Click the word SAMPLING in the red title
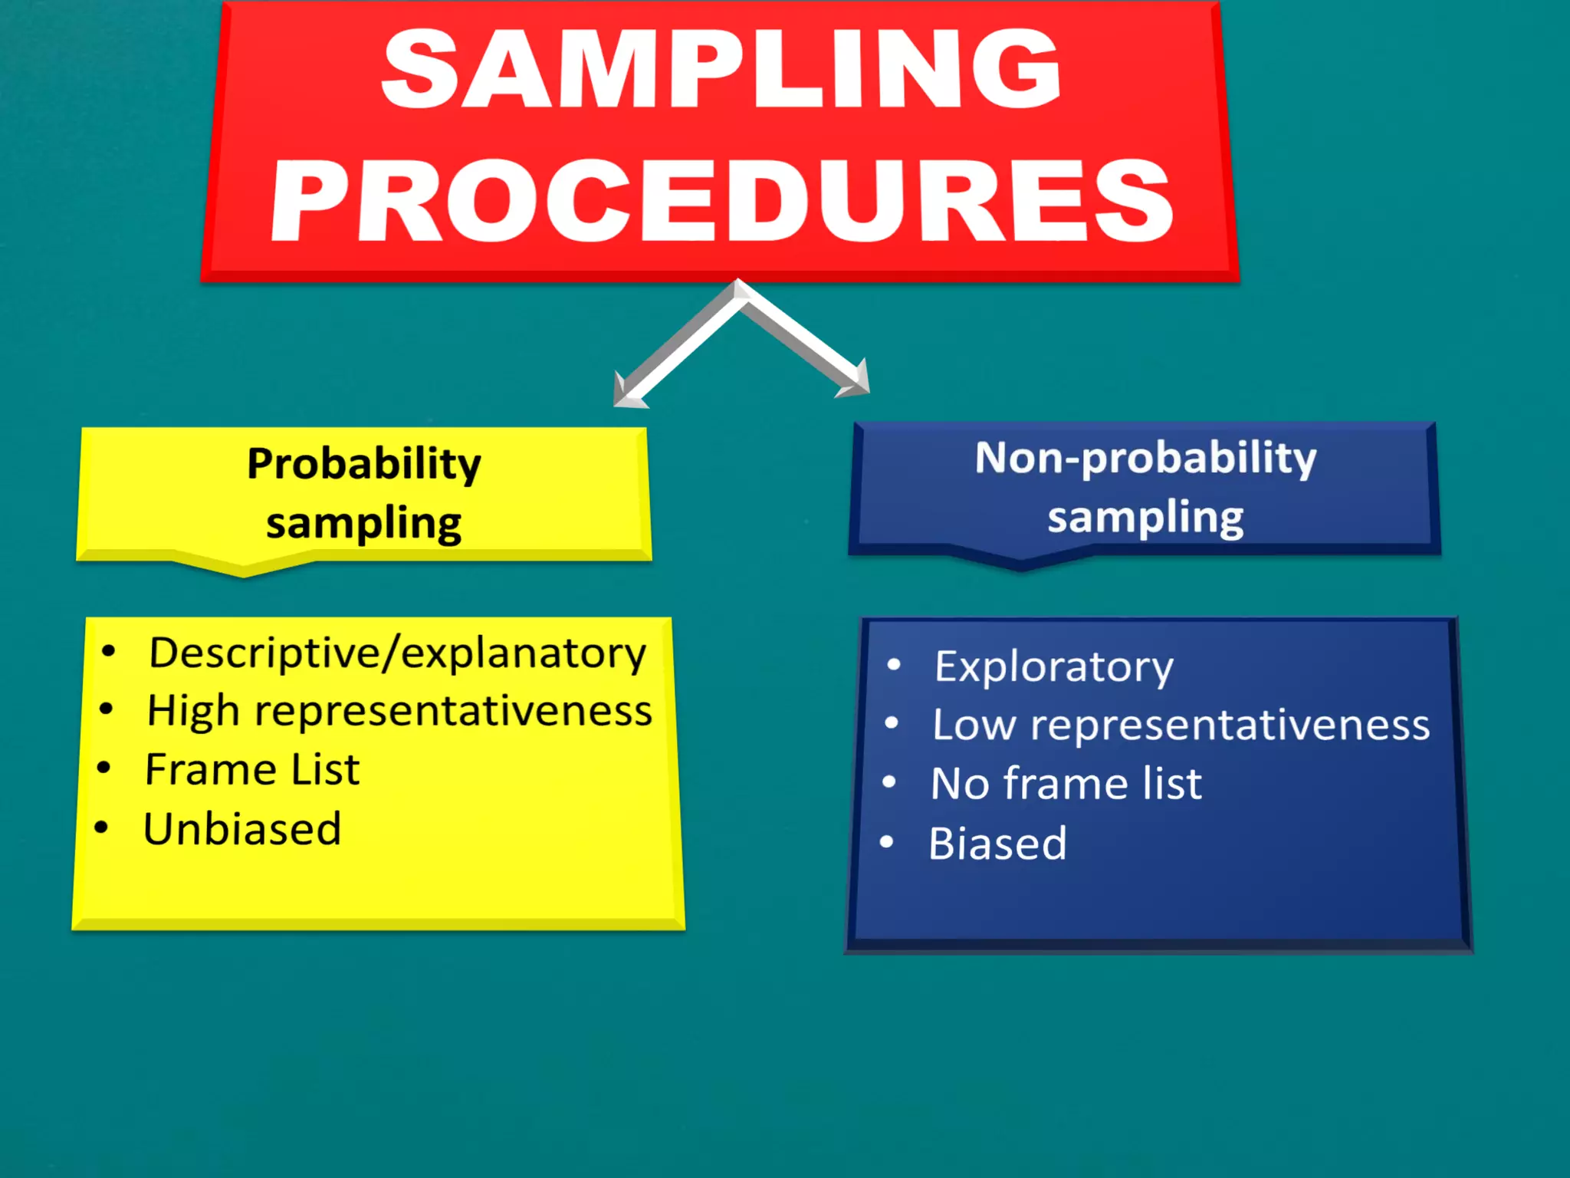tap(721, 69)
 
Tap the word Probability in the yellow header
tap(364, 465)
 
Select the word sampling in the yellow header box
tap(364, 525)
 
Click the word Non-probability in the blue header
tap(1145, 459)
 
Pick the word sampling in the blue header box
tap(1145, 518)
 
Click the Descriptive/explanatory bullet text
tap(397, 653)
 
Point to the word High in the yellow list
tap(192, 712)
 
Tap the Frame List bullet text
tap(252, 770)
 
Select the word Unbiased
tap(242, 830)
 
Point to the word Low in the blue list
tap(974, 726)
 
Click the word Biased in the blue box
tap(997, 844)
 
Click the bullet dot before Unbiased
tap(102, 828)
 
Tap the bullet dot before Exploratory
tap(894, 664)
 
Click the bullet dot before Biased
tap(887, 842)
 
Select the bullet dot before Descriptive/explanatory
tap(109, 651)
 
